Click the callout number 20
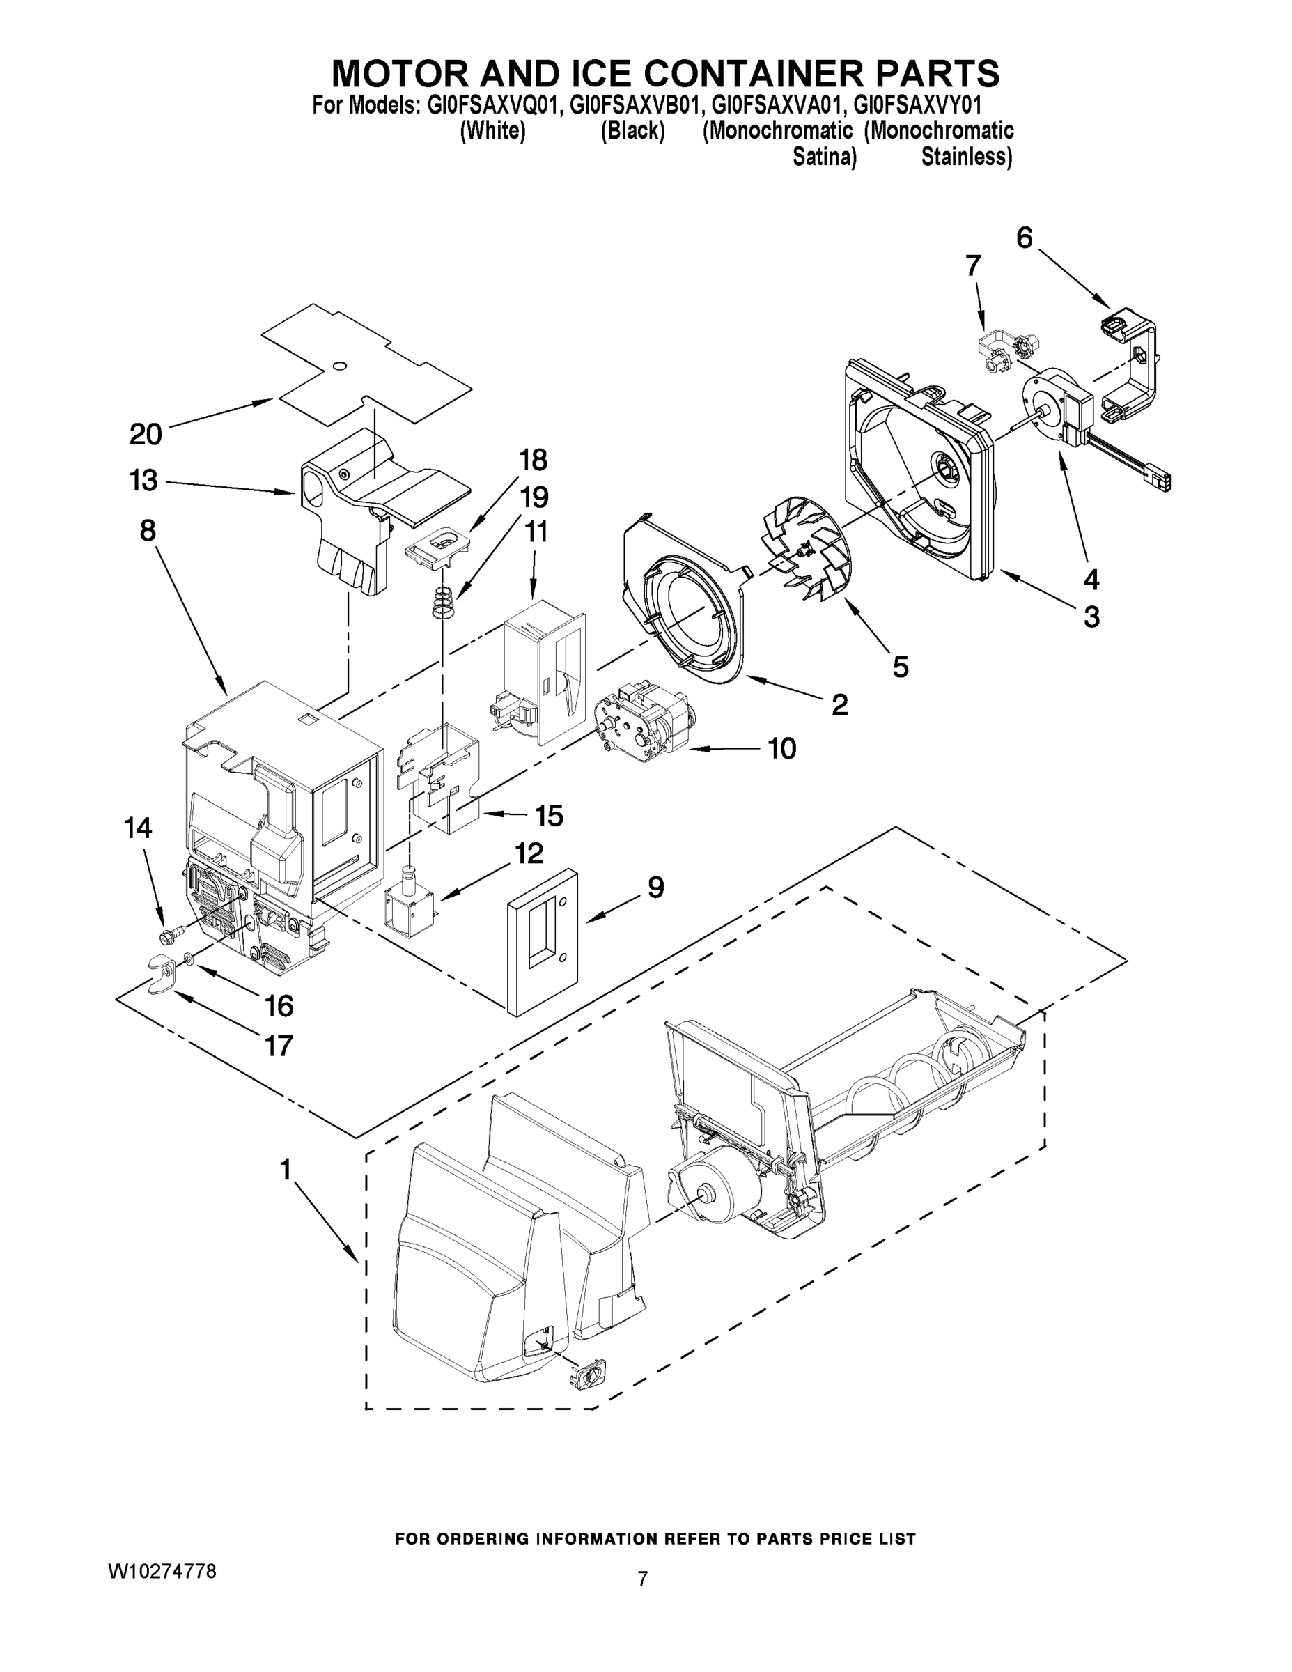(x=146, y=434)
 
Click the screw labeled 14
(x=171, y=935)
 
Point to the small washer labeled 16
(x=187, y=958)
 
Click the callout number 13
(x=144, y=481)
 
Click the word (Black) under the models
(x=632, y=131)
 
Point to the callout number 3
(x=1091, y=617)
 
